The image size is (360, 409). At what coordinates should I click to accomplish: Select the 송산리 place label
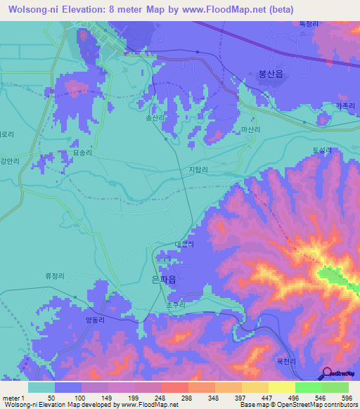tap(154, 119)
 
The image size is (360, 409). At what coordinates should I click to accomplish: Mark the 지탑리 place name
tap(199, 169)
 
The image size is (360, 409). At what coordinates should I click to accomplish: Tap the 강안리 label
tap(8, 160)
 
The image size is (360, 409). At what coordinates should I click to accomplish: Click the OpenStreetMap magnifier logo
tap(328, 373)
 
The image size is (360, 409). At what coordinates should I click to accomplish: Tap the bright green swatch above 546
tap(308, 387)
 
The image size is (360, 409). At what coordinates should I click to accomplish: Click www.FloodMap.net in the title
tap(226, 10)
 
